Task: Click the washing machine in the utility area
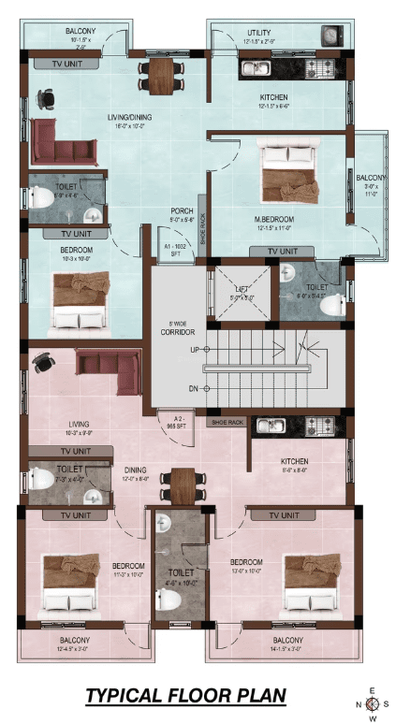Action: click(330, 36)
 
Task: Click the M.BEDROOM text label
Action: click(273, 219)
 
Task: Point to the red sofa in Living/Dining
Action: click(64, 150)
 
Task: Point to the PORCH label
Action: click(182, 211)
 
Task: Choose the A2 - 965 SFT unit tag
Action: click(177, 422)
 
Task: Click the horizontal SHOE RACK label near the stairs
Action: click(227, 423)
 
